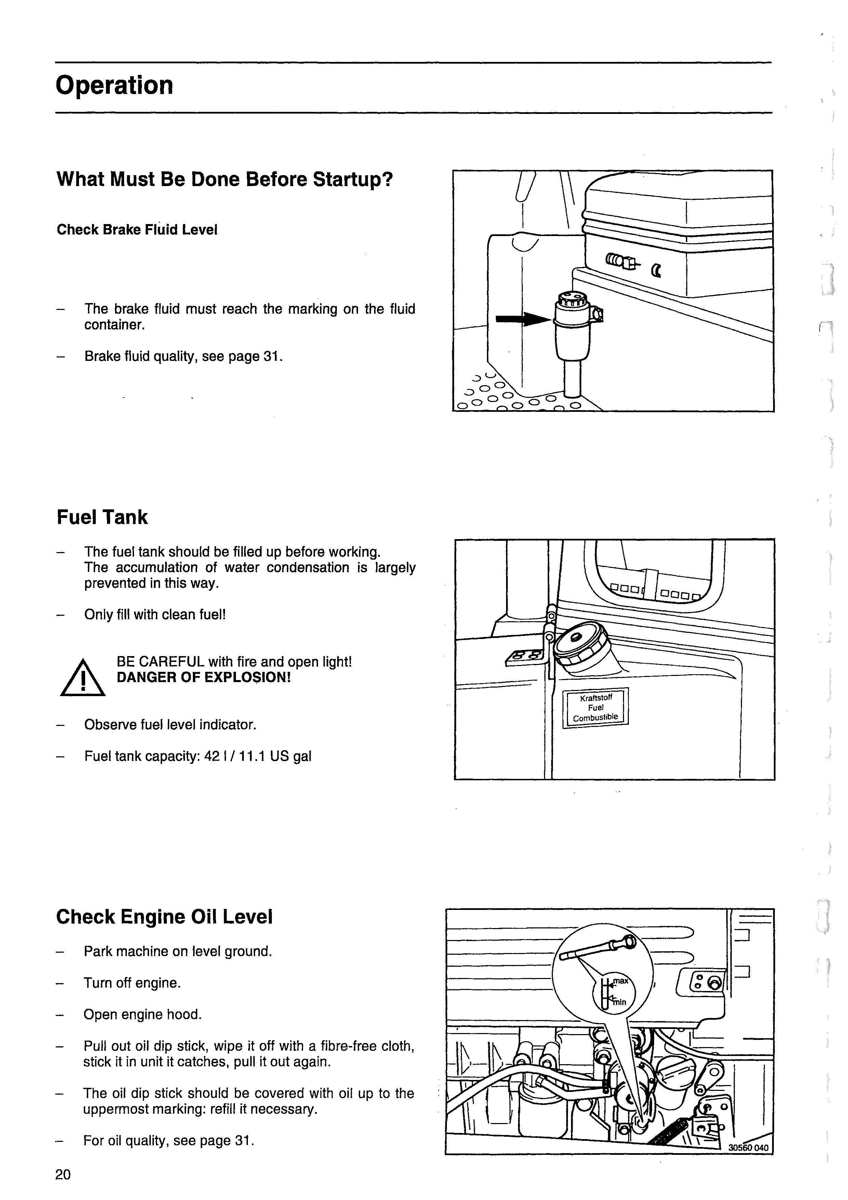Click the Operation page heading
click(x=114, y=86)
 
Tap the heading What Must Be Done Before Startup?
click(x=224, y=179)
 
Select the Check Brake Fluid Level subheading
click(x=137, y=230)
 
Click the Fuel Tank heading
click(x=102, y=518)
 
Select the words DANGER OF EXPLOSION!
click(x=203, y=678)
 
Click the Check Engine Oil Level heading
click(x=164, y=917)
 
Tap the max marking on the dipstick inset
click(x=621, y=980)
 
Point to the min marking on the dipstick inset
click(x=619, y=1002)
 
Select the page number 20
click(x=63, y=1175)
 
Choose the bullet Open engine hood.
click(x=142, y=1015)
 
